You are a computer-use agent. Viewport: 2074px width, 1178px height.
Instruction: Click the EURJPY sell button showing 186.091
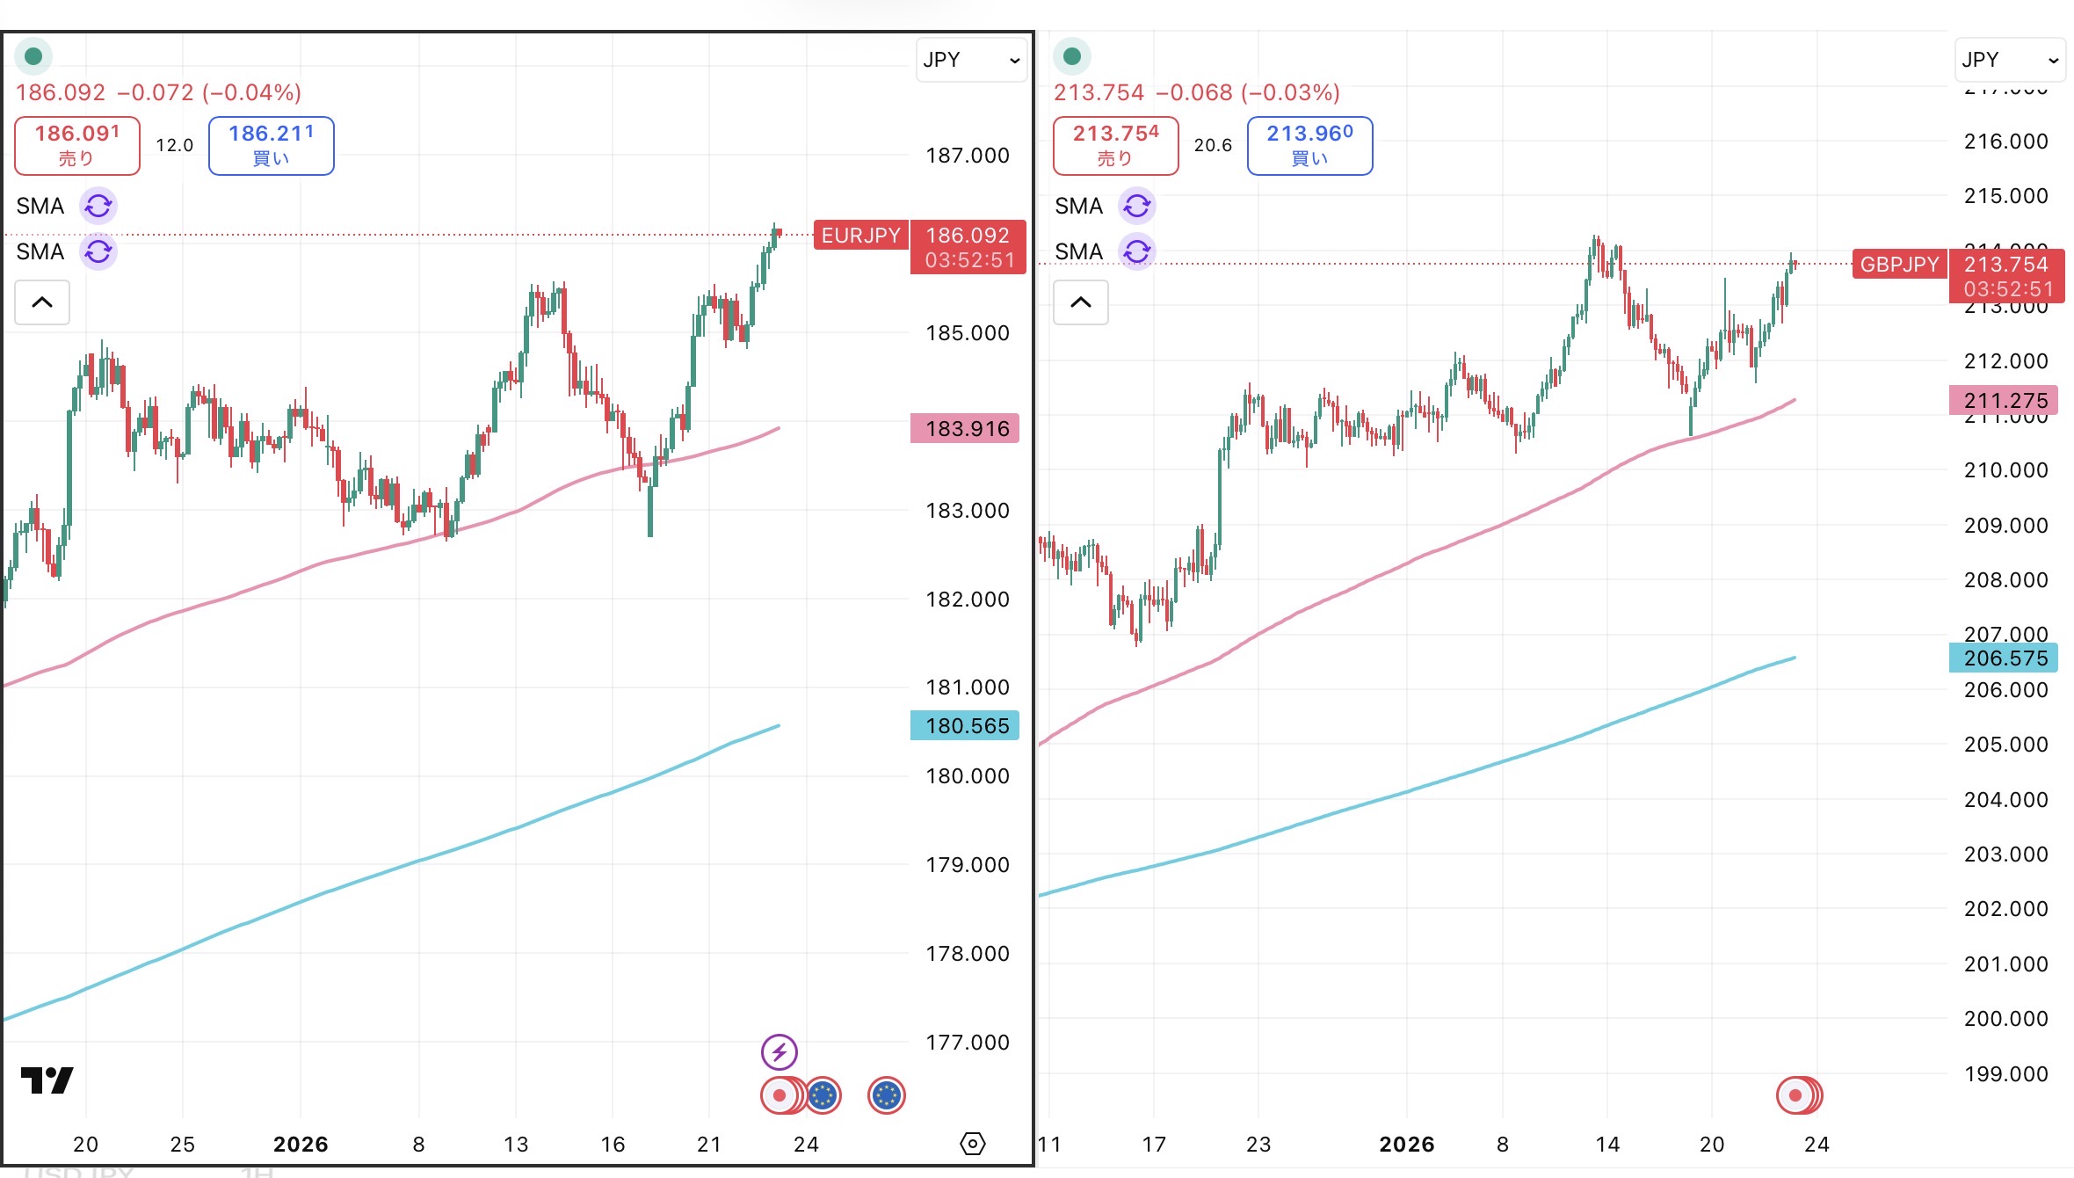click(77, 145)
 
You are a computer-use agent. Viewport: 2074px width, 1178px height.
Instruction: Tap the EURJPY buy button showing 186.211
click(271, 145)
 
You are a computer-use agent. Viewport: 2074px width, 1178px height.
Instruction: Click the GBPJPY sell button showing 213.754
click(1115, 145)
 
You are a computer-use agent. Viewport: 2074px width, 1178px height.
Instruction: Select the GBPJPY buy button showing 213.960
click(1309, 145)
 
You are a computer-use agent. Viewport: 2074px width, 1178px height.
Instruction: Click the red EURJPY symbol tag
click(860, 236)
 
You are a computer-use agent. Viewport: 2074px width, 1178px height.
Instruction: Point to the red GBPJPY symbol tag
click(1899, 265)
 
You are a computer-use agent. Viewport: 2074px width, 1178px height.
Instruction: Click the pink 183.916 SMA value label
click(965, 429)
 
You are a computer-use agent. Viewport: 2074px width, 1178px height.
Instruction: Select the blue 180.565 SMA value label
click(965, 726)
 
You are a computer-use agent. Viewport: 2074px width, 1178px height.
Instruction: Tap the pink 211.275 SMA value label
click(2004, 401)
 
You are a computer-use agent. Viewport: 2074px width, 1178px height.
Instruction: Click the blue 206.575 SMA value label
click(2004, 658)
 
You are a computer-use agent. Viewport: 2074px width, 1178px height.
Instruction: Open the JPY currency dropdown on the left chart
click(971, 60)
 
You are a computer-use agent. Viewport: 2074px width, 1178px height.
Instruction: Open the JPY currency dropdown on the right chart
click(2010, 60)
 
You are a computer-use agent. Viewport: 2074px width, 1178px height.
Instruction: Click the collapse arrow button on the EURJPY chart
click(42, 302)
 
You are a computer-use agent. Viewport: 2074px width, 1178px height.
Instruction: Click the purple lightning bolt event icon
click(780, 1051)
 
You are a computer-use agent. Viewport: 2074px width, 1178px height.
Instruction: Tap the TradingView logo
click(47, 1080)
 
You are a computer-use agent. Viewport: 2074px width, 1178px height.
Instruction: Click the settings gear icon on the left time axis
click(973, 1144)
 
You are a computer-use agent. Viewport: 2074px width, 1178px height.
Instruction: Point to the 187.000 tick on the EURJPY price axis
click(967, 156)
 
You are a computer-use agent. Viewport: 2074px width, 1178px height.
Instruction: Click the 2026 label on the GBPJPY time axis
click(1406, 1145)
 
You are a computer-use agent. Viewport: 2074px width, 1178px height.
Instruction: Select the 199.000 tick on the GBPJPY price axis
click(2005, 1074)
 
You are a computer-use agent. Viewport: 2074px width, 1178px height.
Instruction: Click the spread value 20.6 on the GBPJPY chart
click(1213, 145)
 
